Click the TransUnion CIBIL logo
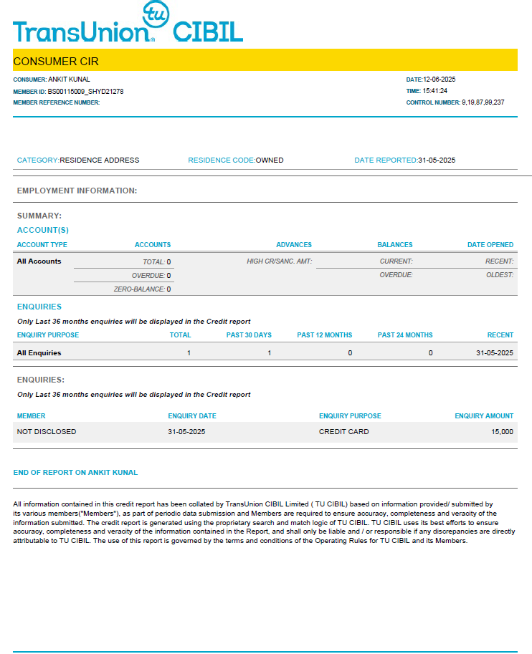[128, 26]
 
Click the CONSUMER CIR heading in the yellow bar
[56, 61]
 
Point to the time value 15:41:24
[434, 91]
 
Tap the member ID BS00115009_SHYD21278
[85, 92]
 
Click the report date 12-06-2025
[440, 80]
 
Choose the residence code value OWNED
[270, 160]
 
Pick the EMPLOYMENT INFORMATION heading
[77, 191]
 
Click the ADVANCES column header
[294, 245]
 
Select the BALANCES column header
[395, 245]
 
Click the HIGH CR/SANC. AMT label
[280, 261]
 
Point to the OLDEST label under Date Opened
[499, 275]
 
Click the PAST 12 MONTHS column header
[325, 335]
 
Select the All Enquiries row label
[39, 353]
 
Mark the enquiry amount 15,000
[502, 432]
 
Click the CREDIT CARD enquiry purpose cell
[343, 432]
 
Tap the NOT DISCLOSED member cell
[47, 432]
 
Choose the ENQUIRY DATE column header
[192, 416]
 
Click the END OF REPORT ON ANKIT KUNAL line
[75, 473]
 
